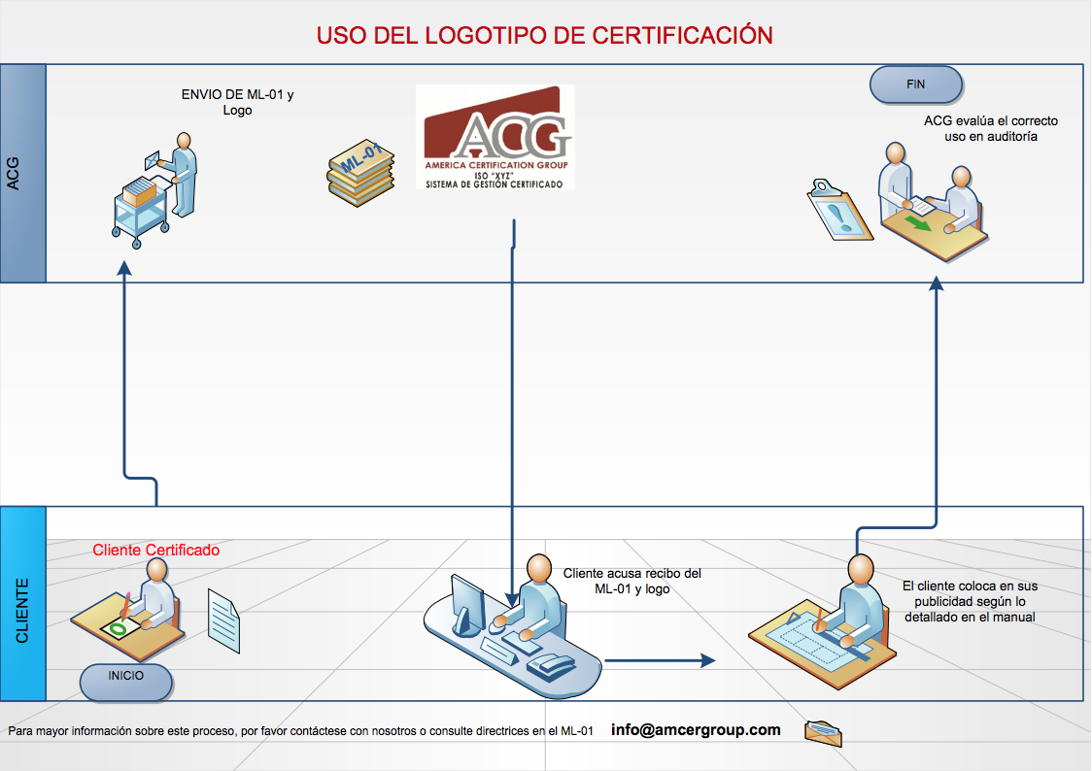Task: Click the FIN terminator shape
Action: [x=915, y=84]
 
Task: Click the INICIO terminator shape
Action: [x=126, y=683]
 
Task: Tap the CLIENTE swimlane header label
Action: [x=22, y=604]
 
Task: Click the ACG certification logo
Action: [x=495, y=137]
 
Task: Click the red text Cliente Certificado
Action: [x=156, y=551]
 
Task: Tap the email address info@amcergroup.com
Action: [x=696, y=730]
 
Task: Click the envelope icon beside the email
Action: [x=823, y=732]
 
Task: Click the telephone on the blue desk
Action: [x=551, y=667]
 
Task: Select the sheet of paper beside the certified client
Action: [x=224, y=621]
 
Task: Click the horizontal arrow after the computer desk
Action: [x=660, y=660]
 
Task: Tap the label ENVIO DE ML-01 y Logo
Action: [x=237, y=102]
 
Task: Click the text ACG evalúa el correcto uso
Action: [x=990, y=129]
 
